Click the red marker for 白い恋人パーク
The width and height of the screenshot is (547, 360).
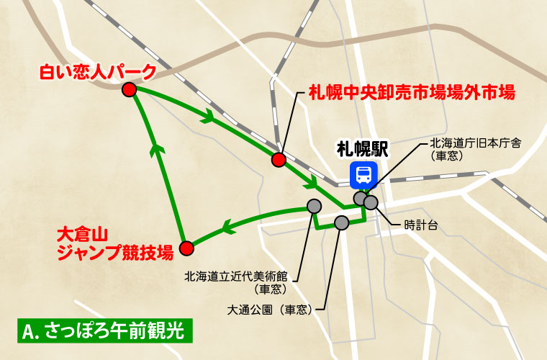coord(130,89)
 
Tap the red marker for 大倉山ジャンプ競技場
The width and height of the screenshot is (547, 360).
coord(186,248)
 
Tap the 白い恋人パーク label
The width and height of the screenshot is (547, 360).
coord(96,71)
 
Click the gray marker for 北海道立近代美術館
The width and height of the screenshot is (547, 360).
coord(313,206)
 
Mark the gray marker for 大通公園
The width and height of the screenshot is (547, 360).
coord(342,223)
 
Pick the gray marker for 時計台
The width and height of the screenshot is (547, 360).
coord(371,202)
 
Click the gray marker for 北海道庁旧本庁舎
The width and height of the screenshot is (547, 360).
coord(360,198)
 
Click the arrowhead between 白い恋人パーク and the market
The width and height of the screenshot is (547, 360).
coord(210,115)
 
